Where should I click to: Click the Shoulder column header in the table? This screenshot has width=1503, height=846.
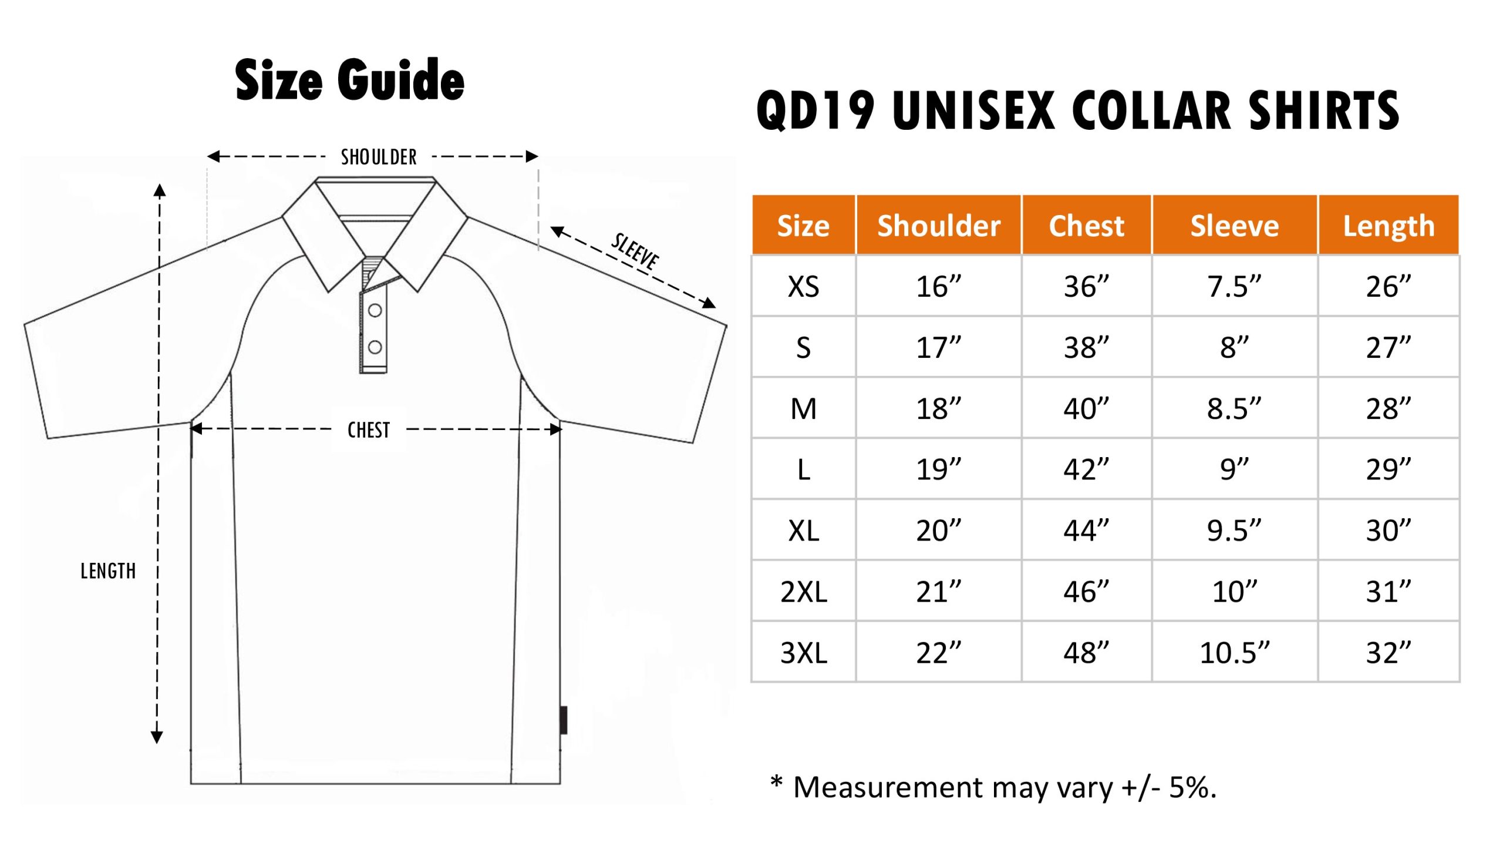(x=938, y=226)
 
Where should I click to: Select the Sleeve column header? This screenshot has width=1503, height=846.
(x=1234, y=226)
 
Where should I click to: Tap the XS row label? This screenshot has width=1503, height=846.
(x=803, y=287)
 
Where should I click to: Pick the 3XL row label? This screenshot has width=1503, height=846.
(x=803, y=653)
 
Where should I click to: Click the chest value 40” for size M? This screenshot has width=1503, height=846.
(x=1086, y=409)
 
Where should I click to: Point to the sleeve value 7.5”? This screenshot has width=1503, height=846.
(x=1234, y=287)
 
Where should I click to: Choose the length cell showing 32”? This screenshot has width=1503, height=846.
(x=1388, y=653)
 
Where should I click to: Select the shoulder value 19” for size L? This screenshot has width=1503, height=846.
(x=938, y=469)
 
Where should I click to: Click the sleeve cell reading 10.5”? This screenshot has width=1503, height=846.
(x=1234, y=653)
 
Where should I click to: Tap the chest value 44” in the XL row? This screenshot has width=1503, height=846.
(x=1086, y=531)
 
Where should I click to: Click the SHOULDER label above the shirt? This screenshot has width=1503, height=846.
(x=379, y=157)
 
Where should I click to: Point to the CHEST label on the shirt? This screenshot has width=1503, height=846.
(x=369, y=430)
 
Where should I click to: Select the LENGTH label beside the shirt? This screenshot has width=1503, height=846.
(x=108, y=571)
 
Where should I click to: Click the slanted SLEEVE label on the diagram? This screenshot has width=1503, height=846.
(x=635, y=251)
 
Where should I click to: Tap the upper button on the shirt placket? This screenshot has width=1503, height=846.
(x=375, y=310)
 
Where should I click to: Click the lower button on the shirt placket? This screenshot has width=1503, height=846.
(x=375, y=347)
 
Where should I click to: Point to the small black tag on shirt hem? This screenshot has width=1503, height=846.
(x=563, y=720)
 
